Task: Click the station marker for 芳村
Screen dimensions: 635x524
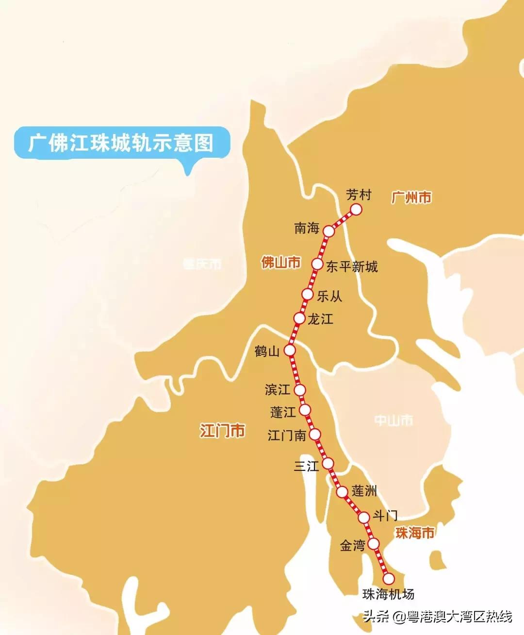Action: click(356, 209)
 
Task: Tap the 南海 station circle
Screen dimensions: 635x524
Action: click(329, 231)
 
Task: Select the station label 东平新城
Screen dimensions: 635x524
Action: click(352, 267)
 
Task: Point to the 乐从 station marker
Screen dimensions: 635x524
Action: click(307, 294)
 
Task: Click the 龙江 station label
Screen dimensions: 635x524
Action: click(320, 319)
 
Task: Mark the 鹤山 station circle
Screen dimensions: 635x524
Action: click(290, 350)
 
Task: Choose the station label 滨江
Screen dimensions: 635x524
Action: click(278, 389)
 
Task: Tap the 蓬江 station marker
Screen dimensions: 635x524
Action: click(305, 410)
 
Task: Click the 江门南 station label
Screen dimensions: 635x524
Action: click(287, 435)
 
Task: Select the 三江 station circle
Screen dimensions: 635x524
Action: click(328, 462)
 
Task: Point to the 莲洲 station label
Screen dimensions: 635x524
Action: click(364, 491)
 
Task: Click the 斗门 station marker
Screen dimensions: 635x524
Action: click(364, 518)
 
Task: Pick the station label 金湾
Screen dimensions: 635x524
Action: click(352, 546)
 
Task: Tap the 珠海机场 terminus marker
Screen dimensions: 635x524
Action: click(389, 579)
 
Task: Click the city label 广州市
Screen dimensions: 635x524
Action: click(411, 198)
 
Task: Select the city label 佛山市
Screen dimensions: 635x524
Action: click(281, 263)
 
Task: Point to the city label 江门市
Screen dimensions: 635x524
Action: click(222, 431)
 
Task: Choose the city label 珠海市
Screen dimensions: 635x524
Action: click(415, 533)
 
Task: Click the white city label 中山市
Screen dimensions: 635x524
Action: click(393, 420)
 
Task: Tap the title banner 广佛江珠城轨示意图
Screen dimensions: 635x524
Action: click(121, 143)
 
